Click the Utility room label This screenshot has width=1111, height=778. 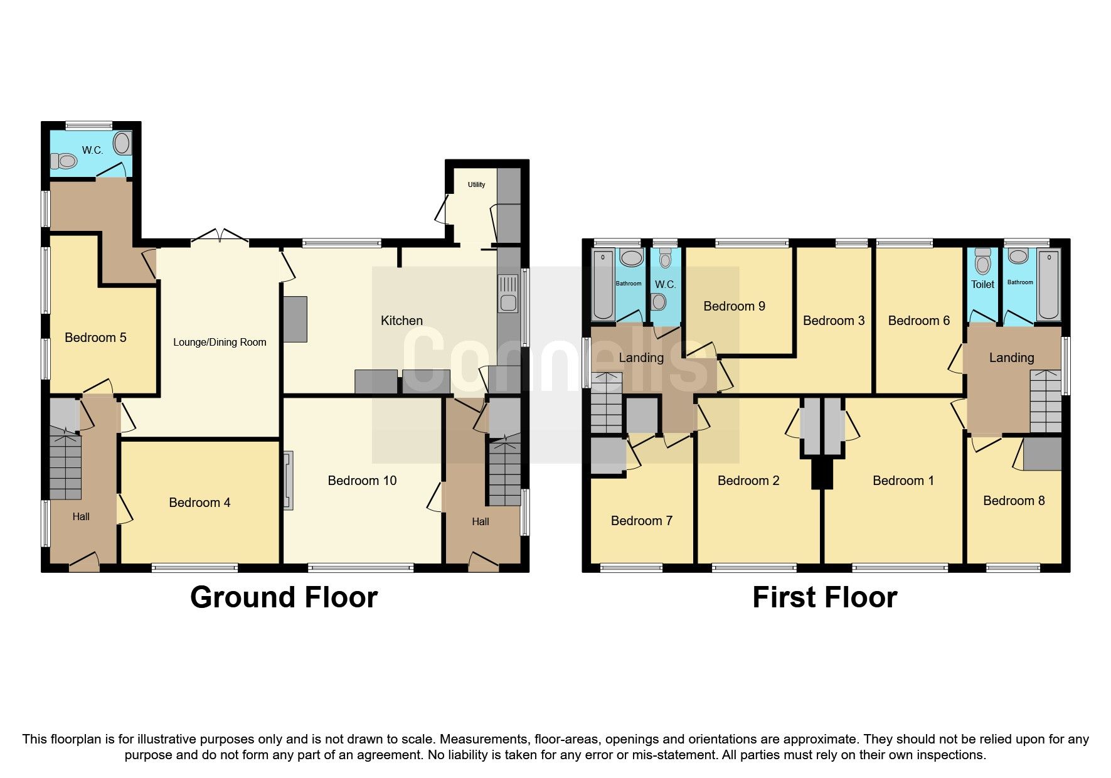coord(476,184)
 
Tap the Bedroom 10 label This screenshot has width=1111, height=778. coord(362,481)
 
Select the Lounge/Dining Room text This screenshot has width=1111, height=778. coord(220,342)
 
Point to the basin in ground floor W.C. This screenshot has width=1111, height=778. coord(123,144)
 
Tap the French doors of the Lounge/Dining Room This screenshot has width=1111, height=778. coord(220,237)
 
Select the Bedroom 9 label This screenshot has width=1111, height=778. coord(734,306)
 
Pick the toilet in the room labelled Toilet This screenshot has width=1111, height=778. coord(982,258)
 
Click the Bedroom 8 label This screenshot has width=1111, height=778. coord(1014,501)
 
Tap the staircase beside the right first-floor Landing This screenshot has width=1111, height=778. coord(1045,402)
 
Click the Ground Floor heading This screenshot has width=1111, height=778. coord(284,597)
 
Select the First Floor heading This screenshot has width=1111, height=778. coord(824,597)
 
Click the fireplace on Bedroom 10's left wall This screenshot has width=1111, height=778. coord(288,481)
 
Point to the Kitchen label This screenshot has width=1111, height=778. coord(401,321)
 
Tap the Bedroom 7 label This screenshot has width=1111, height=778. coord(641,521)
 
